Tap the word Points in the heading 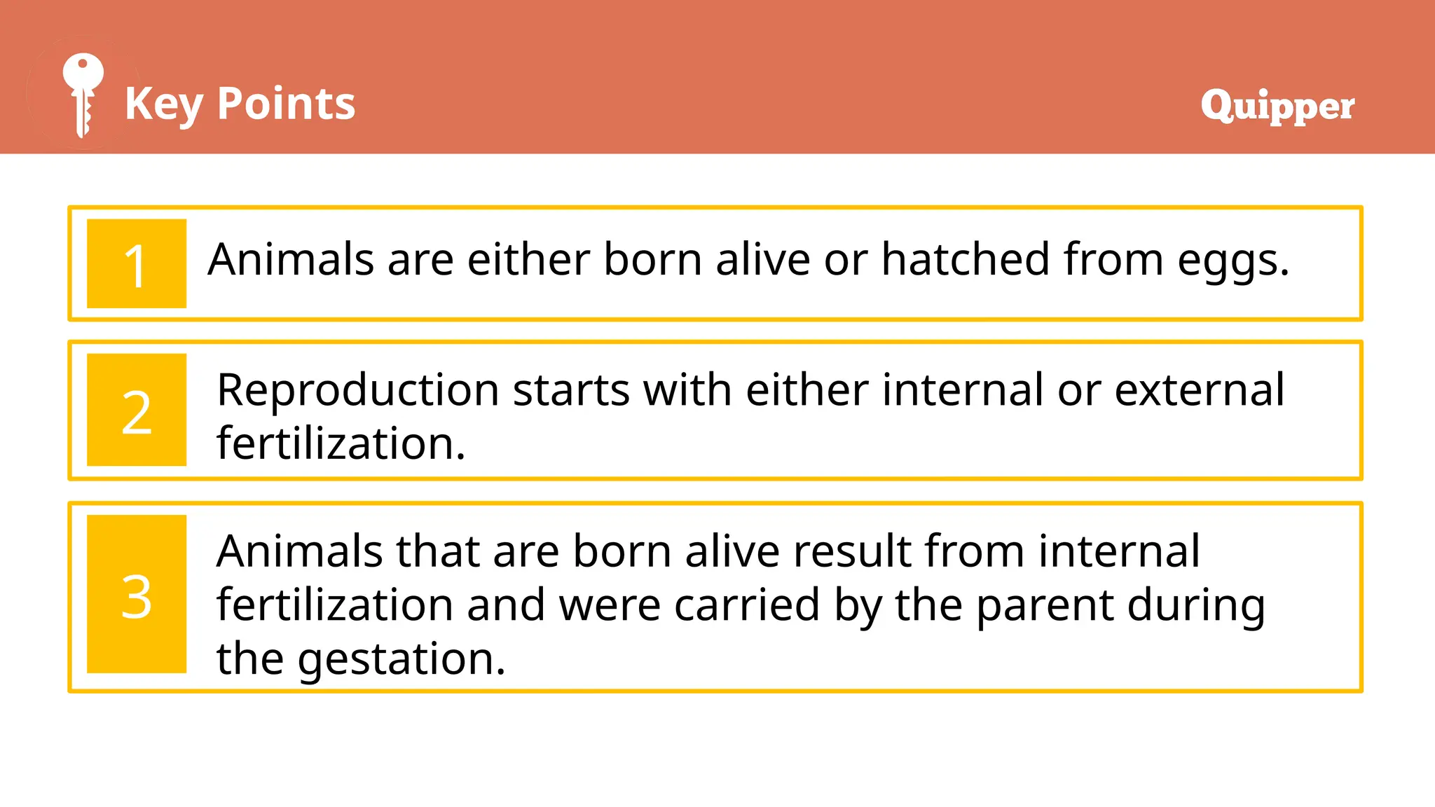click(x=286, y=104)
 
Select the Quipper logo click(x=1277, y=106)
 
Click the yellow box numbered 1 click(x=137, y=264)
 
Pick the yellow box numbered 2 click(x=137, y=410)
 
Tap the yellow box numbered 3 click(x=137, y=594)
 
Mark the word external click(x=1199, y=390)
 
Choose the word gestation click(x=401, y=660)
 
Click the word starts click(x=571, y=390)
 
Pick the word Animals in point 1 click(x=291, y=259)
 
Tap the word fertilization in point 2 click(x=341, y=444)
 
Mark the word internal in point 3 click(x=1119, y=551)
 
